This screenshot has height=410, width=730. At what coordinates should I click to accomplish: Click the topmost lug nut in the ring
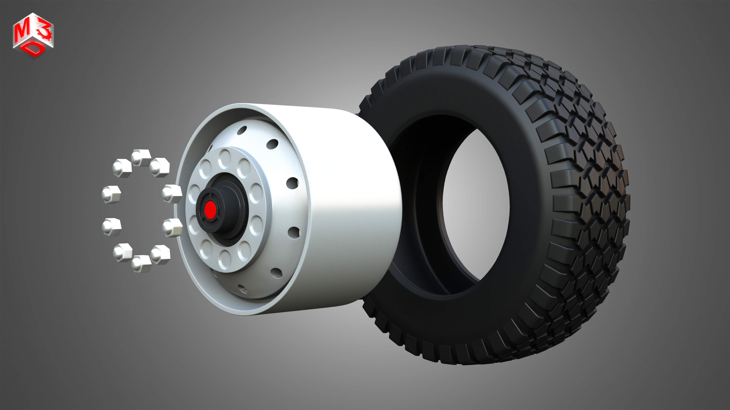[141, 157]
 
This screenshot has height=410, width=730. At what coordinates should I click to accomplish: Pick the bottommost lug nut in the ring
[141, 263]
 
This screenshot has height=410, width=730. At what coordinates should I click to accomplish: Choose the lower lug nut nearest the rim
[172, 227]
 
